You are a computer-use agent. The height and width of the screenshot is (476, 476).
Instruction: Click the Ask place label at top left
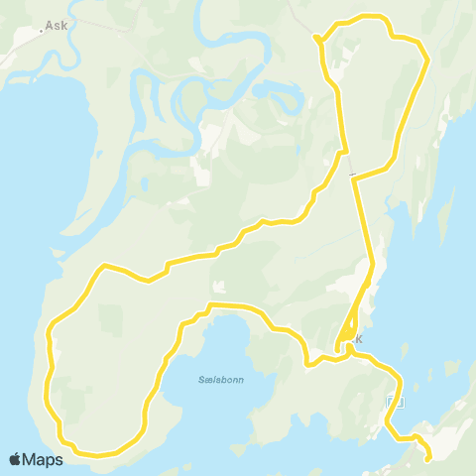[58, 26]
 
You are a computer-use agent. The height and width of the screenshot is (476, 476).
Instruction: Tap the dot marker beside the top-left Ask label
[42, 31]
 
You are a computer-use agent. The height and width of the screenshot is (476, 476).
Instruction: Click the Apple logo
[16, 459]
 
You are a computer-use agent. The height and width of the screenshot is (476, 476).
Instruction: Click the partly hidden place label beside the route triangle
[357, 339]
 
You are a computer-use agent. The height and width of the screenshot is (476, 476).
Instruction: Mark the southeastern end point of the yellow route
[427, 458]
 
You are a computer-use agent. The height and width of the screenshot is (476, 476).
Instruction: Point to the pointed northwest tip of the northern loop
[315, 38]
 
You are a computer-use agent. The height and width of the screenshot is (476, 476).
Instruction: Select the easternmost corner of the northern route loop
[427, 60]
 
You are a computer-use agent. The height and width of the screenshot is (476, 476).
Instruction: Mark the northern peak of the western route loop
[102, 266]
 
